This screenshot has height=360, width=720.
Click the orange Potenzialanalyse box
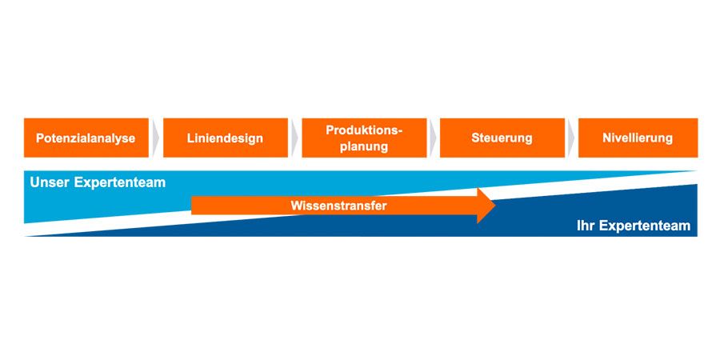click(x=86, y=138)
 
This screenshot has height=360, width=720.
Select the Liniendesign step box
click(x=225, y=138)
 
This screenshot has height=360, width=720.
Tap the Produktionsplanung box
click(x=364, y=138)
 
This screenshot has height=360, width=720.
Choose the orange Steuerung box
click(x=502, y=138)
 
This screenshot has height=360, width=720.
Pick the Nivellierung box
click(x=638, y=138)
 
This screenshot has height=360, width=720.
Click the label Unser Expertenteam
click(x=98, y=182)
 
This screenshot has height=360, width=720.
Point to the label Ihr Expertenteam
click(x=633, y=226)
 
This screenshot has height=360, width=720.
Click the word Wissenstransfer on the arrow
click(x=339, y=206)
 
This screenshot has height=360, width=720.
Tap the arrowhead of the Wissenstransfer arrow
click(x=486, y=206)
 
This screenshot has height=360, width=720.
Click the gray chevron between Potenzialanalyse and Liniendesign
click(x=156, y=138)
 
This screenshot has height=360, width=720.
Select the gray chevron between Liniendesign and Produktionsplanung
click(x=294, y=138)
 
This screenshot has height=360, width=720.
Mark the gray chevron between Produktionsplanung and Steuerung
click(x=433, y=138)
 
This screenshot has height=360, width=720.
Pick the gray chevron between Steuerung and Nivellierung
click(x=571, y=138)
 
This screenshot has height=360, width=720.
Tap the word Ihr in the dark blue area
click(x=586, y=226)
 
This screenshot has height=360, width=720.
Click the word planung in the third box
click(x=364, y=146)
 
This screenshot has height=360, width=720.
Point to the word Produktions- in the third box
click(x=364, y=130)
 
